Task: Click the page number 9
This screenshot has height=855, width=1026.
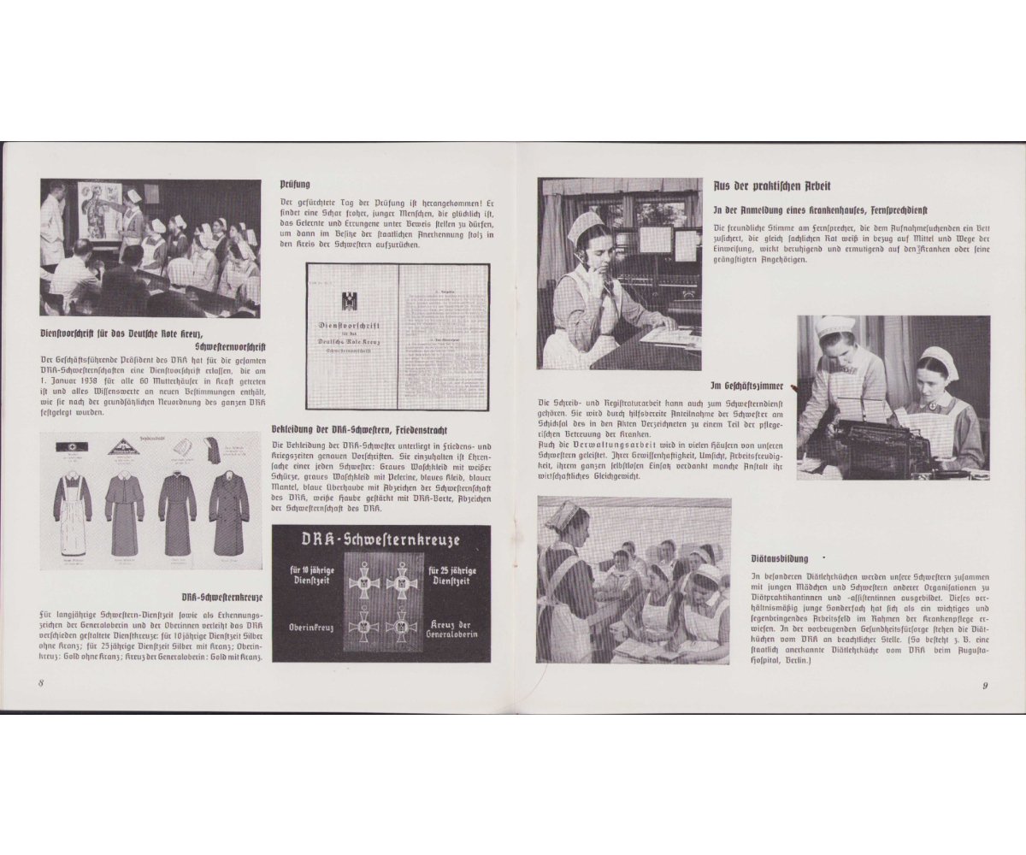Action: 985,685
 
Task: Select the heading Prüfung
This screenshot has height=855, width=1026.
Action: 295,184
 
